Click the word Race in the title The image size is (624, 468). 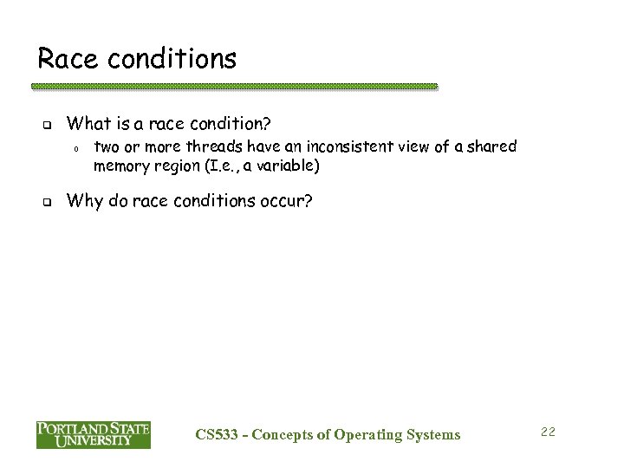(x=65, y=58)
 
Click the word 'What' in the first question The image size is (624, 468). (x=88, y=123)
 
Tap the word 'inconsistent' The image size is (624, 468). (x=328, y=146)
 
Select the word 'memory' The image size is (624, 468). (x=120, y=165)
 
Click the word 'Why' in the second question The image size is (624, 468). (x=85, y=202)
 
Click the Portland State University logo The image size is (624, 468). (x=94, y=433)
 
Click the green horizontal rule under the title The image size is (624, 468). (x=234, y=87)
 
